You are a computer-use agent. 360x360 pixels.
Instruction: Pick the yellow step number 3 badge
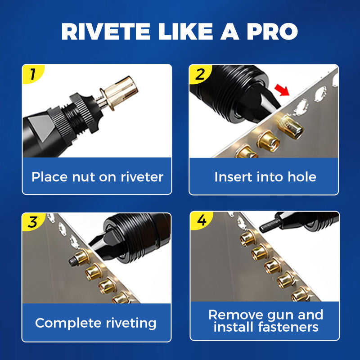point(32,222)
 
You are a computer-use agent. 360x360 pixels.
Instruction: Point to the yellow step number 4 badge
point(200,221)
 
